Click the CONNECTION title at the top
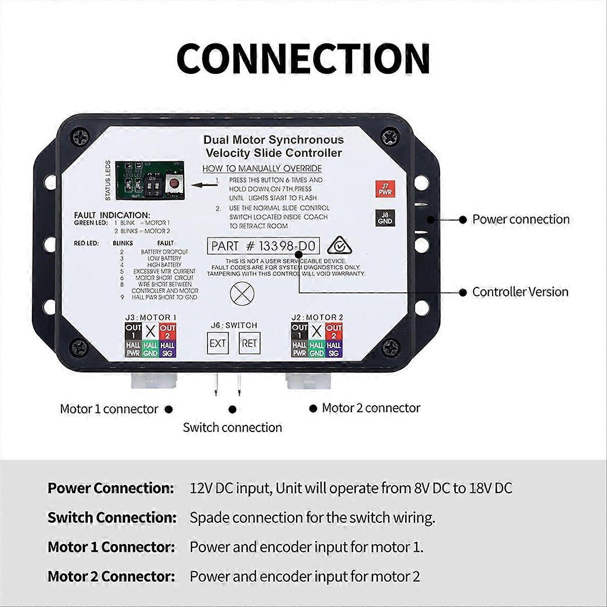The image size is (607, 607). (303, 59)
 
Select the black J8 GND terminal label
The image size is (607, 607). (384, 218)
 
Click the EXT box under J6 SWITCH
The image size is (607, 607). (218, 343)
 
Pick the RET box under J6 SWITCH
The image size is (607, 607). (249, 343)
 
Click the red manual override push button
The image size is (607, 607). (175, 184)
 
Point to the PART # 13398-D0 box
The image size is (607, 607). (263, 246)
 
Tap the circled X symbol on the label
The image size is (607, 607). (238, 293)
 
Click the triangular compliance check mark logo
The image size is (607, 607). (337, 246)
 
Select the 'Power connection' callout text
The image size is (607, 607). (521, 220)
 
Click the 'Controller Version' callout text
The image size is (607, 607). (520, 292)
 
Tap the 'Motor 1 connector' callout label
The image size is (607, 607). (109, 409)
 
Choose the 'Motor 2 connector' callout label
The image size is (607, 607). (371, 408)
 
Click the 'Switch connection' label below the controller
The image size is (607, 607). (232, 427)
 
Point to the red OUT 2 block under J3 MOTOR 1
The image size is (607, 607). (167, 332)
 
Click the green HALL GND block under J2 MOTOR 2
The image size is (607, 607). (317, 350)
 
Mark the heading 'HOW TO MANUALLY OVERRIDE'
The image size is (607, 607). (262, 168)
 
